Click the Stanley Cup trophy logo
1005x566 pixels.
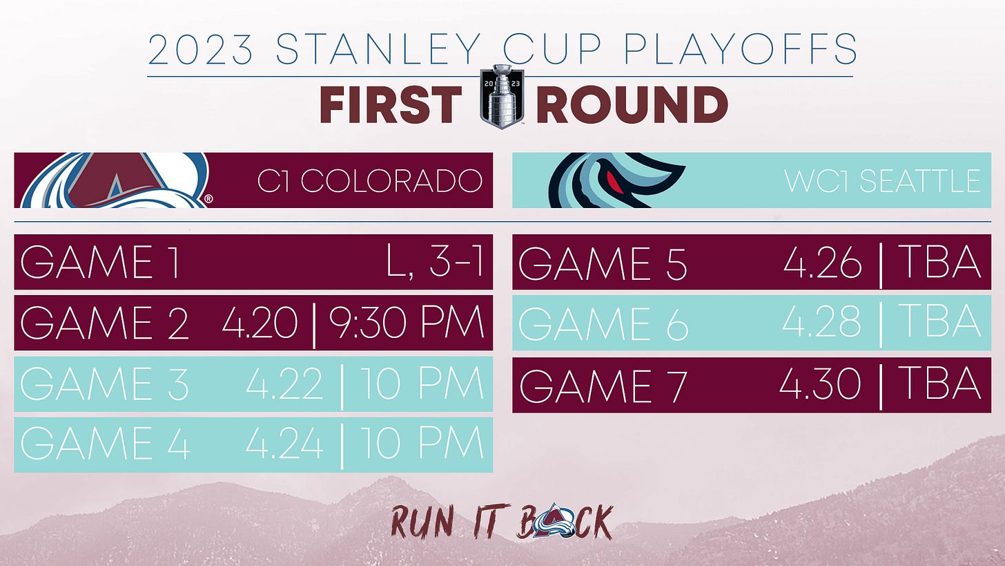coord(502,97)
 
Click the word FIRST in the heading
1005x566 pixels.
coord(391,104)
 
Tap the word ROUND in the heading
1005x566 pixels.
coord(632,104)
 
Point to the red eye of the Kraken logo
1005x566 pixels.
coord(613,180)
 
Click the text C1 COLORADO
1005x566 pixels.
coord(370,181)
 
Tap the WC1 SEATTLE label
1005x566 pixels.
coord(882,181)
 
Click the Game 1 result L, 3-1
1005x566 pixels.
coord(434,261)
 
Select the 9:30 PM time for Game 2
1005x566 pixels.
coord(407,322)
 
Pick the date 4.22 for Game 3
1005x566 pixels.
coord(284,383)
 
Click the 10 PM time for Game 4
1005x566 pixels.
coord(422,444)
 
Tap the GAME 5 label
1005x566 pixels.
coord(602,263)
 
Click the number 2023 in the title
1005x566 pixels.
coord(201,49)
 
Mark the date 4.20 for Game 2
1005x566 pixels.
coord(260,322)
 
